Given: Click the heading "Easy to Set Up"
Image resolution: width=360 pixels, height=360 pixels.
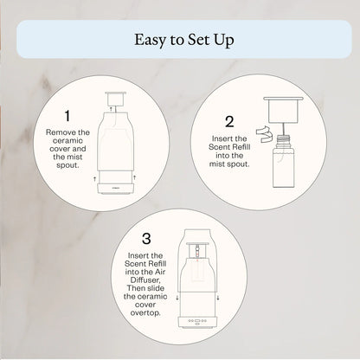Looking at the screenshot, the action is point(184,40).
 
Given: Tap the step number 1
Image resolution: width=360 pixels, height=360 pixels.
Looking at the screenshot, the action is point(67,116).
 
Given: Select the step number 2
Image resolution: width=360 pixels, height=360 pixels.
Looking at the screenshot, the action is point(229,122).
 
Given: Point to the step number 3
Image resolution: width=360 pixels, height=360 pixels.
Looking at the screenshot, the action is point(146,239).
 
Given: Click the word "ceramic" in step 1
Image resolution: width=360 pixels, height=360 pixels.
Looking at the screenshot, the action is point(67,141).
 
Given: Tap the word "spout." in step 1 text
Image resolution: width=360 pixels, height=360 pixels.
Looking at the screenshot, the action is point(67,165).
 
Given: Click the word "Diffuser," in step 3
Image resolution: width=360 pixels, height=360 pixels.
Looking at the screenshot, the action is point(145,280).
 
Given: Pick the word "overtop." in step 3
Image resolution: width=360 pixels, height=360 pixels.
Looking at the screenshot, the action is point(145,312).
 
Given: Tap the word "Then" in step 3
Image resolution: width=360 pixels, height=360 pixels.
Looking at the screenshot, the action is point(135,288).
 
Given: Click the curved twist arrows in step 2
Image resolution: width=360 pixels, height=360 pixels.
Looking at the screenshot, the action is point(264,133).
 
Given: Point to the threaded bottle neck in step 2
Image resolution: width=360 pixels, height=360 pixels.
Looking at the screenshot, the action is point(284,140).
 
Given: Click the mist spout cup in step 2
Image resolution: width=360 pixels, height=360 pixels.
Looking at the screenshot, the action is point(283,110).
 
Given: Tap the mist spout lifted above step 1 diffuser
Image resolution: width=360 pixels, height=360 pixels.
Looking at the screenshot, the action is point(115,99).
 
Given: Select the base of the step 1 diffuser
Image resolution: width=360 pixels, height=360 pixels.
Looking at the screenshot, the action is point(115,189).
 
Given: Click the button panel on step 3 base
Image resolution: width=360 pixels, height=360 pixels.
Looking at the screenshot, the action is point(197,320).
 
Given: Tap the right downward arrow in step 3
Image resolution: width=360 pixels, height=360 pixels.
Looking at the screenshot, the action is point(218,298).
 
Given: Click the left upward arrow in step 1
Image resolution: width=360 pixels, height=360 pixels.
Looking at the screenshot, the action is point(94,179).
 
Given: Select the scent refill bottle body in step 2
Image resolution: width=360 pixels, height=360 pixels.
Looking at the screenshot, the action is point(284,166).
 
